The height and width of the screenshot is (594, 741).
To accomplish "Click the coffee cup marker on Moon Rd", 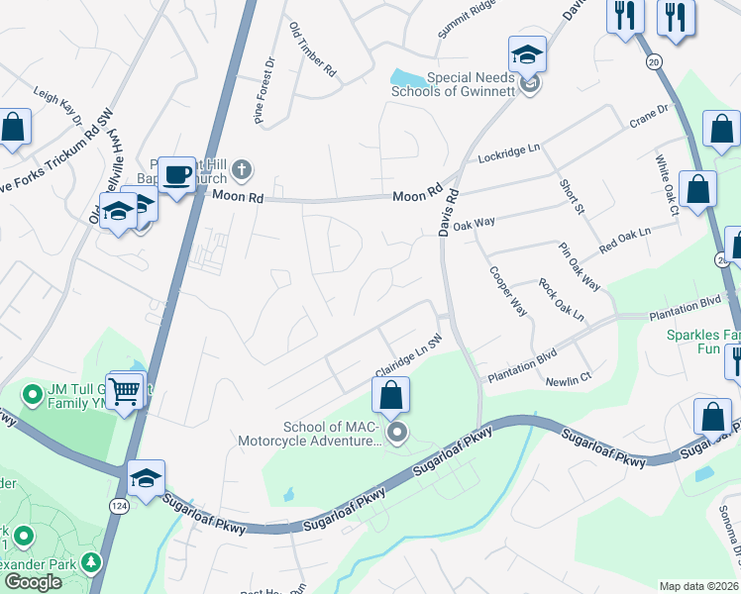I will [177, 175].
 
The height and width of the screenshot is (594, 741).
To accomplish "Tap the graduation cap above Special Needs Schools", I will [527, 54].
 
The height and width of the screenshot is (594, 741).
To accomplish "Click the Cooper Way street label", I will [506, 290].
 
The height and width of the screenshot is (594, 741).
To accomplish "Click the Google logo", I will [34, 582].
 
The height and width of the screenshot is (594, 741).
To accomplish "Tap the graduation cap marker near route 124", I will [146, 478].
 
